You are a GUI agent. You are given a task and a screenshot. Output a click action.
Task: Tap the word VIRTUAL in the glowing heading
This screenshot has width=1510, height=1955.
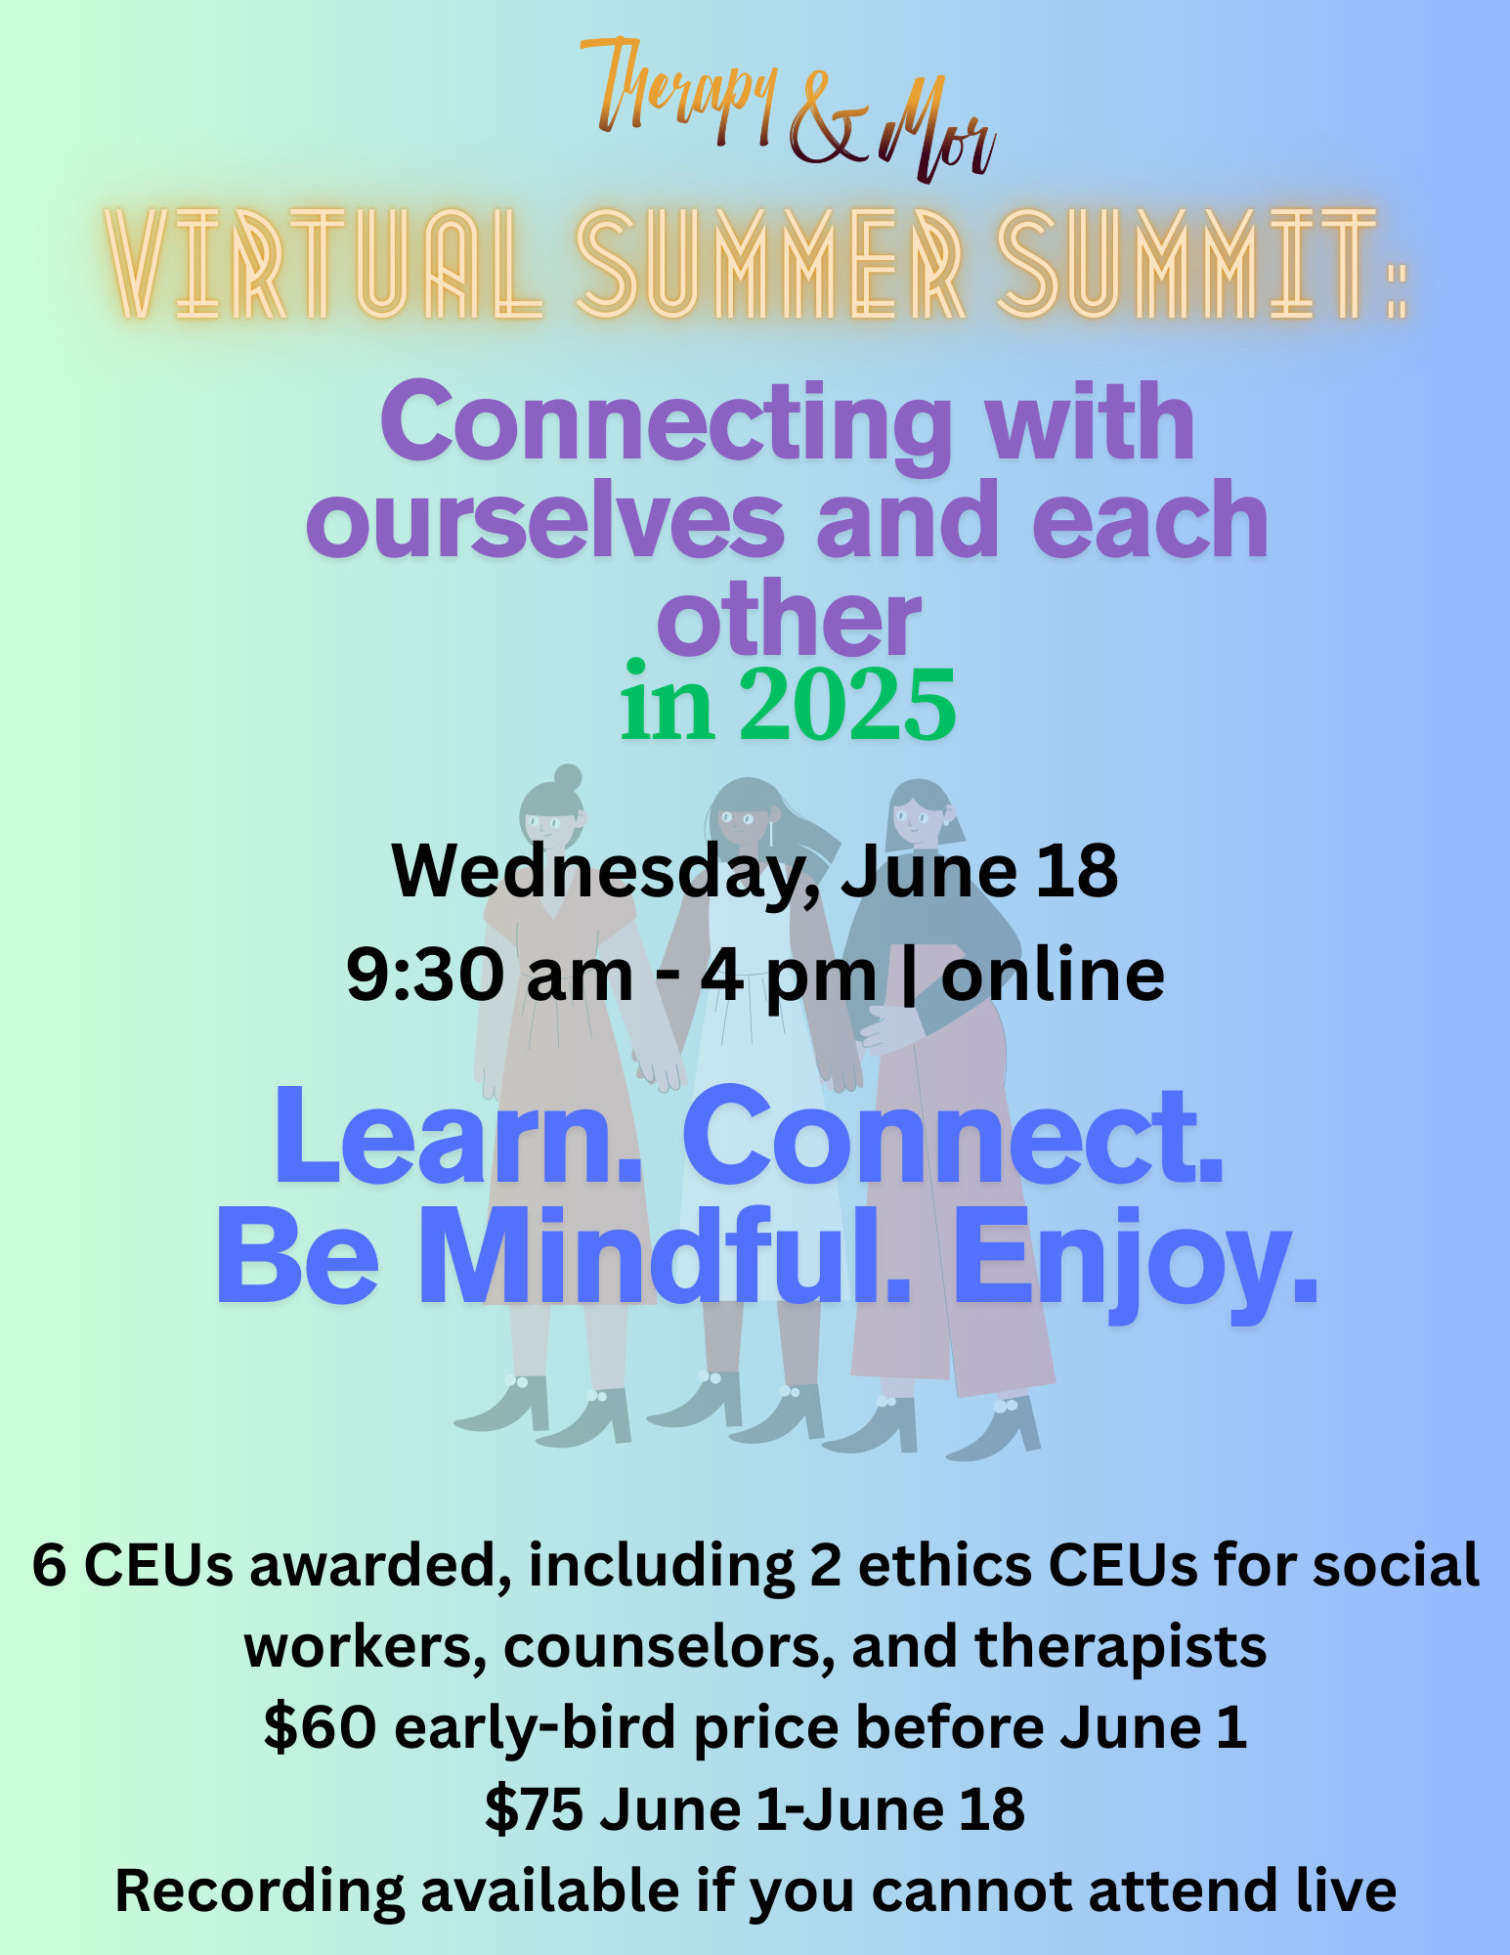(324, 264)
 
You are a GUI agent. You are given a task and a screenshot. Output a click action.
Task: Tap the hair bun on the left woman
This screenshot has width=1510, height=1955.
(567, 778)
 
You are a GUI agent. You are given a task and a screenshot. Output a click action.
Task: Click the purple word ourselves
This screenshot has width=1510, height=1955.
(545, 521)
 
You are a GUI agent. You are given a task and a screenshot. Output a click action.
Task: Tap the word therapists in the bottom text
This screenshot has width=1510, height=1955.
(1120, 1648)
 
